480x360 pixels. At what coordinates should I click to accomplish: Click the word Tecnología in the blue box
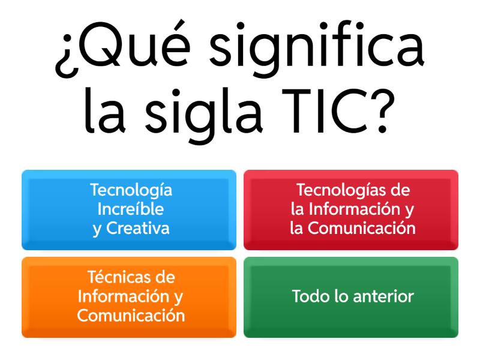pos(131,191)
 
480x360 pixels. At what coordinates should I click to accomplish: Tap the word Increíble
pos(131,209)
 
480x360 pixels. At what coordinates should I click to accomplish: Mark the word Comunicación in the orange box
pos(131,316)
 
